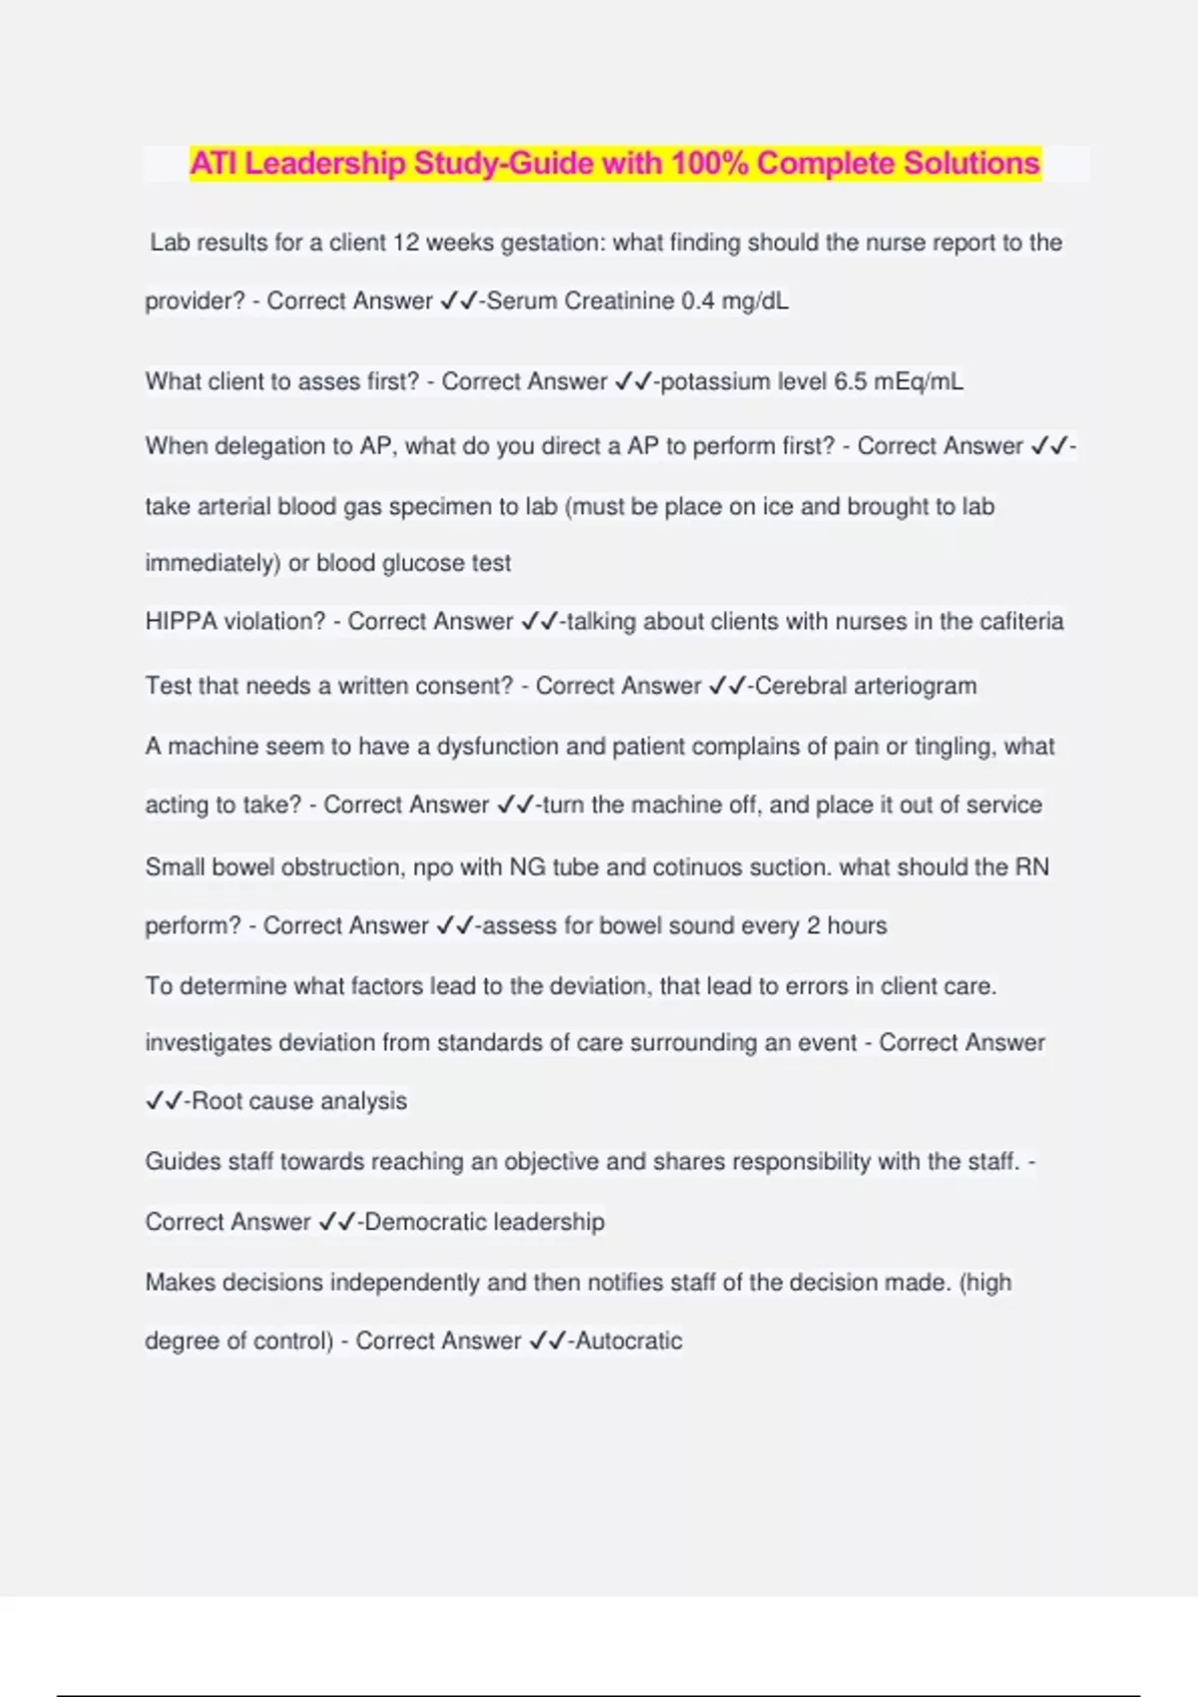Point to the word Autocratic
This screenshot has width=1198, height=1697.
point(629,1341)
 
